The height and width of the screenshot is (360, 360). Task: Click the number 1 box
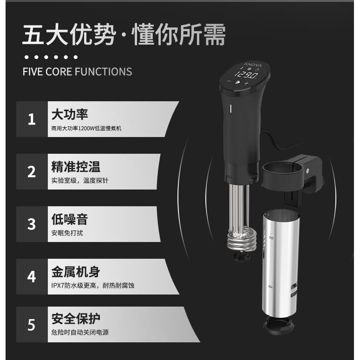pos(32,119)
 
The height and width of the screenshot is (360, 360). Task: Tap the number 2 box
pos(32,172)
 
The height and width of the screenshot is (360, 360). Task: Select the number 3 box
pos(32,224)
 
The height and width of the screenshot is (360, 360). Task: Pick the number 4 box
pos(32,277)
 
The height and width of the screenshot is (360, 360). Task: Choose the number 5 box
pos(32,324)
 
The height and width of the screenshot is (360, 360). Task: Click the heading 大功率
pos(69,114)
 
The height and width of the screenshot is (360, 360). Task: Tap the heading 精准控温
pos(75,167)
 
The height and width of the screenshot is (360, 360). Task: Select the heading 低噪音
pos(69,219)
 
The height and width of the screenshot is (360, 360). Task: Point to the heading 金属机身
pos(75,272)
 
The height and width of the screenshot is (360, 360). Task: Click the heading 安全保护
pos(75,319)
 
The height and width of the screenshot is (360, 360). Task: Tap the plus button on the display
pos(246,83)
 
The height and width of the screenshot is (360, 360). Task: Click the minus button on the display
pos(229,82)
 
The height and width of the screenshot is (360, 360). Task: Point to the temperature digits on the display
pos(246,74)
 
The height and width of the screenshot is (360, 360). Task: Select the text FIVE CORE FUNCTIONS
pos(77,72)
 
